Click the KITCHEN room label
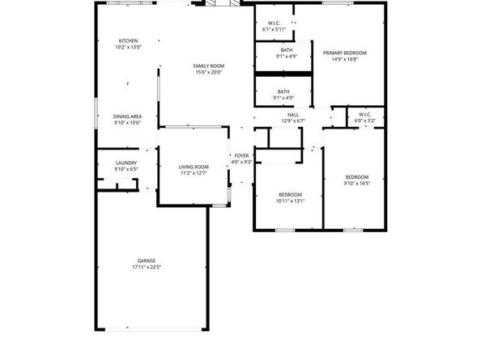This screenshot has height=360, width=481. tap(128, 40)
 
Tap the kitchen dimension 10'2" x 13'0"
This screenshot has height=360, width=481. tap(128, 47)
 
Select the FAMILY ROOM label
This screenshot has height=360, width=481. tap(209, 66)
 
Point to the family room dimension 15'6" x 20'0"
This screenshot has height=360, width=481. tap(209, 72)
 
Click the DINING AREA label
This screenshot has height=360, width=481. tap(127, 116)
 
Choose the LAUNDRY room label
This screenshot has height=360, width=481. tap(126, 163)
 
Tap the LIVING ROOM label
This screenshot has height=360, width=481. tap(194, 167)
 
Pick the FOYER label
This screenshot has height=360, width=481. tap(242, 155)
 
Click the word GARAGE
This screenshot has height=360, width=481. tap(147, 260)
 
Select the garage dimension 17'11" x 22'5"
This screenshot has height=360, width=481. tap(147, 267)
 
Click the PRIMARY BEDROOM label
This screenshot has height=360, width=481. tap(345, 53)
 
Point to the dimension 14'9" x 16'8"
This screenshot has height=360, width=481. tap(345, 59)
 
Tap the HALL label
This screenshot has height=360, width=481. tap(293, 115)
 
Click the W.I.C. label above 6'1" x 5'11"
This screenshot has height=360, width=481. tap(274, 23)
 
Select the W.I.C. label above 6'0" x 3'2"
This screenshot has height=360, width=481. tap(364, 114)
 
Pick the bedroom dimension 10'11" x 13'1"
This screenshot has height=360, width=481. tap(290, 201)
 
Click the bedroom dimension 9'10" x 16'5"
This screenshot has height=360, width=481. tap(357, 184)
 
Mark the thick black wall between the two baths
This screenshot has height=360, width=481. tap(283, 74)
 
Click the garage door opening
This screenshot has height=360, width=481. tap(153, 329)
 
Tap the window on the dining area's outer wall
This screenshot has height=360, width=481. tap(96, 112)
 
